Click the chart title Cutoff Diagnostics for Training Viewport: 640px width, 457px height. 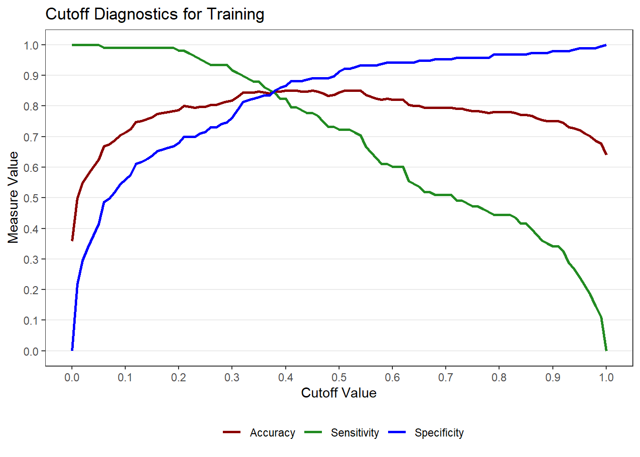(x=155, y=14)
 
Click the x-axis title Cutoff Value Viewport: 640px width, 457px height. (x=339, y=393)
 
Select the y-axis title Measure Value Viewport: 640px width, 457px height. (x=13, y=198)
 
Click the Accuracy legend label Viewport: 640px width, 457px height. (x=272, y=433)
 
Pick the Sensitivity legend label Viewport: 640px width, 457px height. (x=355, y=433)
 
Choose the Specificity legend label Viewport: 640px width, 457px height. (x=439, y=433)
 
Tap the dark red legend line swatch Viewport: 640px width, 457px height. (x=232, y=432)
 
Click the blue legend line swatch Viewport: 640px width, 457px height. (x=397, y=432)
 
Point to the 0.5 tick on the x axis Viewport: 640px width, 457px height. (x=339, y=368)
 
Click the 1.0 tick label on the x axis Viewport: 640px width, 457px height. (x=606, y=378)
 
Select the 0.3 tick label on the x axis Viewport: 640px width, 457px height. (x=232, y=378)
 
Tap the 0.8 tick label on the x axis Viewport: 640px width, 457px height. (x=499, y=378)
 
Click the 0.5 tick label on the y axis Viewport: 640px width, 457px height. (x=31, y=198)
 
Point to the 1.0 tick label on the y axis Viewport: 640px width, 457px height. (x=31, y=45)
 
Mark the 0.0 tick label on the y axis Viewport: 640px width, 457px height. (x=31, y=351)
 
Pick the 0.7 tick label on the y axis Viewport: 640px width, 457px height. (x=31, y=137)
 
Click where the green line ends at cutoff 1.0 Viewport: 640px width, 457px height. (x=606, y=350)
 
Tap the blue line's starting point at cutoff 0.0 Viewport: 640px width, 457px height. (x=72, y=350)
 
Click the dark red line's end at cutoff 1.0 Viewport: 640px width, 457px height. (x=606, y=154)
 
